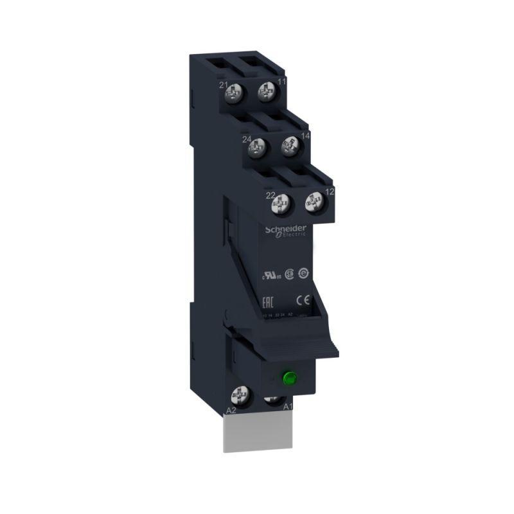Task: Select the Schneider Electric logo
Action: pos(286,232)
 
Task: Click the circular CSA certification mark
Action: pos(290,272)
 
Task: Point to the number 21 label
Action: pos(224,85)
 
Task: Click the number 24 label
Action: pos(246,139)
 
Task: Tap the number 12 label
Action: pos(330,191)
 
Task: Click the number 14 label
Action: pos(305,136)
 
